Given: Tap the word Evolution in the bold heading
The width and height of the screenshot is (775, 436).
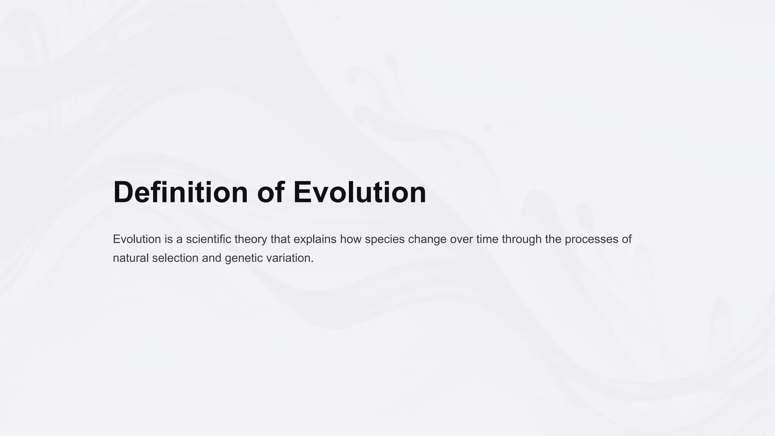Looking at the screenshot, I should point(359,192).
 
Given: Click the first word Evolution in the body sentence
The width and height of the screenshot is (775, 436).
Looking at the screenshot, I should point(137,239).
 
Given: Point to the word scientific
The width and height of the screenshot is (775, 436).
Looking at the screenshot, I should point(209,239).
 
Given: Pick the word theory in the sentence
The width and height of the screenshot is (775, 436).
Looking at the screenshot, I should point(251,239).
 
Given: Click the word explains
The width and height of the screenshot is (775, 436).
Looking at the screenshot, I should point(315,239).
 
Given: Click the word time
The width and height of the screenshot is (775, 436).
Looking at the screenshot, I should point(487,239).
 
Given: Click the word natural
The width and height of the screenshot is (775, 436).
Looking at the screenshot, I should point(131,258).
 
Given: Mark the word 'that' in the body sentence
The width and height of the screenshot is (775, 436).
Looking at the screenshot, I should point(280,239).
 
